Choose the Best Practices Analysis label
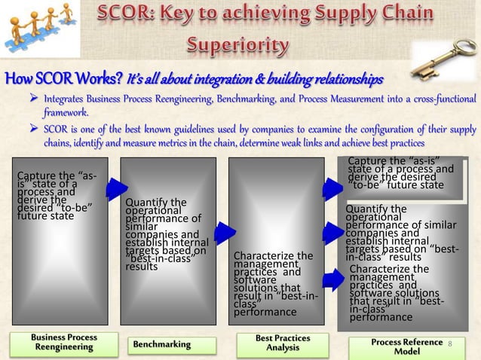[282, 343]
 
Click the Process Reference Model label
[407, 347]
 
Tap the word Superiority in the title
[237, 47]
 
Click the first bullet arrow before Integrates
[33, 99]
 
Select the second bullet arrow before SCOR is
[33, 128]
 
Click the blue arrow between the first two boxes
[116, 190]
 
